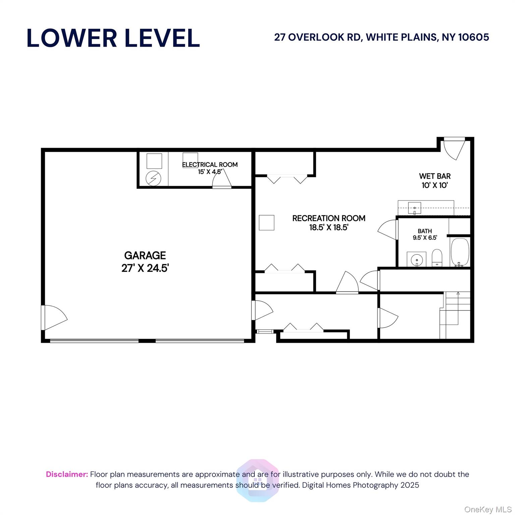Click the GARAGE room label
point(145,255)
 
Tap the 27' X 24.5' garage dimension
point(145,268)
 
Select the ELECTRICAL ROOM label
point(210,165)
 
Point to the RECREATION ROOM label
point(329,218)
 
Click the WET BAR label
point(435,176)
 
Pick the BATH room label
point(425,231)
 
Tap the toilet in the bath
point(437,257)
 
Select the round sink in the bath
point(416,259)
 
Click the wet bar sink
point(414,208)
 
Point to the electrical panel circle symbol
point(153,178)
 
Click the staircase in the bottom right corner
point(455,315)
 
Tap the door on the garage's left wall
point(54,318)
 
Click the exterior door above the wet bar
point(454,149)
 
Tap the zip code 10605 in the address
point(473,37)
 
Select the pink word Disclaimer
point(67,474)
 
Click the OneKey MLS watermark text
point(488,510)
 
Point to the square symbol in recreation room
point(267,223)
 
